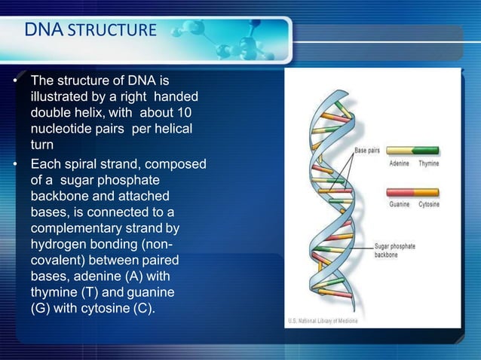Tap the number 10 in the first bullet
[186, 113]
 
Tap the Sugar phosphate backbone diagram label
[394, 249]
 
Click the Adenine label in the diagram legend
[400, 163]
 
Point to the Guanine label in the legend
[400, 204]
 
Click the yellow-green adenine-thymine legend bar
[412, 151]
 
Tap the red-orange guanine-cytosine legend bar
[412, 192]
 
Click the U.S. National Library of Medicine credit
[323, 322]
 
